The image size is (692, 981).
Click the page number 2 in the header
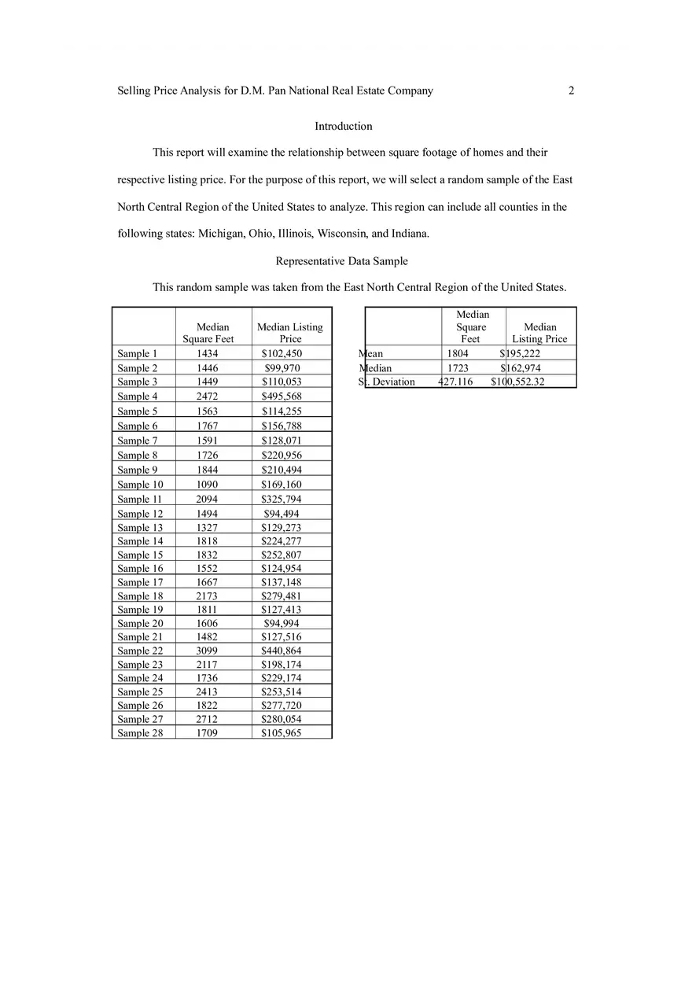click(571, 90)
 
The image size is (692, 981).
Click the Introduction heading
click(344, 126)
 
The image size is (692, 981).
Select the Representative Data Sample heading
click(342, 261)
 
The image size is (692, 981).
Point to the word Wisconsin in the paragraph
click(341, 234)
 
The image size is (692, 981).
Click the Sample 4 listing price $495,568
click(282, 396)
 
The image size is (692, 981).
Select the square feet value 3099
click(207, 651)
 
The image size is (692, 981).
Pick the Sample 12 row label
click(140, 514)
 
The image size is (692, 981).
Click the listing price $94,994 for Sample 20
click(282, 623)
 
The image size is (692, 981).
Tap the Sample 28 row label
click(140, 733)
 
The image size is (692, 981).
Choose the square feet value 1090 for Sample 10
click(207, 485)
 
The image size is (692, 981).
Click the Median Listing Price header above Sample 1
click(290, 333)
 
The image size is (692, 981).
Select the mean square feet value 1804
click(457, 353)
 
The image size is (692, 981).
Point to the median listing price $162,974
click(521, 368)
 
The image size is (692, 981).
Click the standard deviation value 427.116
click(455, 382)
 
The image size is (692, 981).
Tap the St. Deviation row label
click(387, 382)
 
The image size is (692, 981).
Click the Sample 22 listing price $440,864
click(282, 651)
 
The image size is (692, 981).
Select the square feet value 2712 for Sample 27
click(207, 719)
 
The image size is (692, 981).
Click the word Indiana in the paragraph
click(410, 234)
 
